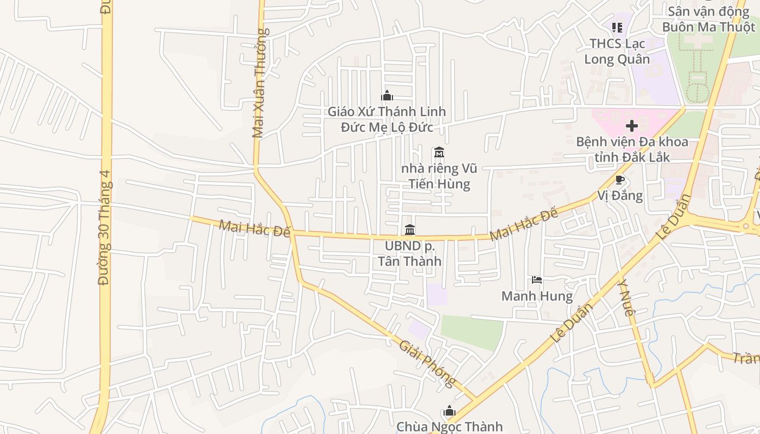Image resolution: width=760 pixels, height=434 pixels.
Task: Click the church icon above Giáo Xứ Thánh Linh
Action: tap(387, 96)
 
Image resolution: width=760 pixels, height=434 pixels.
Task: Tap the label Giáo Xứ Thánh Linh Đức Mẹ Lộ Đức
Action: tap(387, 119)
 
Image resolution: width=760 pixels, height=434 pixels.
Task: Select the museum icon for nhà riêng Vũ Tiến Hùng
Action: tap(439, 152)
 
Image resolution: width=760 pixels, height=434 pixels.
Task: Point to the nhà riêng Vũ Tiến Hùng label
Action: tap(439, 176)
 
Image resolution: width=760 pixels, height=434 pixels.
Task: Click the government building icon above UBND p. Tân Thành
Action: tap(410, 230)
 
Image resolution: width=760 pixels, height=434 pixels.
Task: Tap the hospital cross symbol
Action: tap(632, 126)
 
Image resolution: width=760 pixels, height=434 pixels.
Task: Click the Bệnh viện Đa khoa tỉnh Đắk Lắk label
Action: tap(632, 150)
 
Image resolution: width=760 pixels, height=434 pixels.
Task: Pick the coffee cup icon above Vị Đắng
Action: tap(620, 180)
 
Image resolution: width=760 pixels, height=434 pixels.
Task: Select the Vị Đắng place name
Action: tap(620, 195)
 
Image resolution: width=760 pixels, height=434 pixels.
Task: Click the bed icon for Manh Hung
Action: tap(537, 280)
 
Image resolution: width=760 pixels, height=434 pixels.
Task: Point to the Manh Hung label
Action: tap(537, 296)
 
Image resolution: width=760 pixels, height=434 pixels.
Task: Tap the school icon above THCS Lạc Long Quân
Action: tap(617, 27)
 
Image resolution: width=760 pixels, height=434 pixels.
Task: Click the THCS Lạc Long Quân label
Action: tap(617, 51)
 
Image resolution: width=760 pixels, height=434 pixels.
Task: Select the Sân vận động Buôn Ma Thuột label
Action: tap(708, 19)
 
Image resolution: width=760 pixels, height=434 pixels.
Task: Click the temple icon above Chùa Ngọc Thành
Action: tap(449, 411)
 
